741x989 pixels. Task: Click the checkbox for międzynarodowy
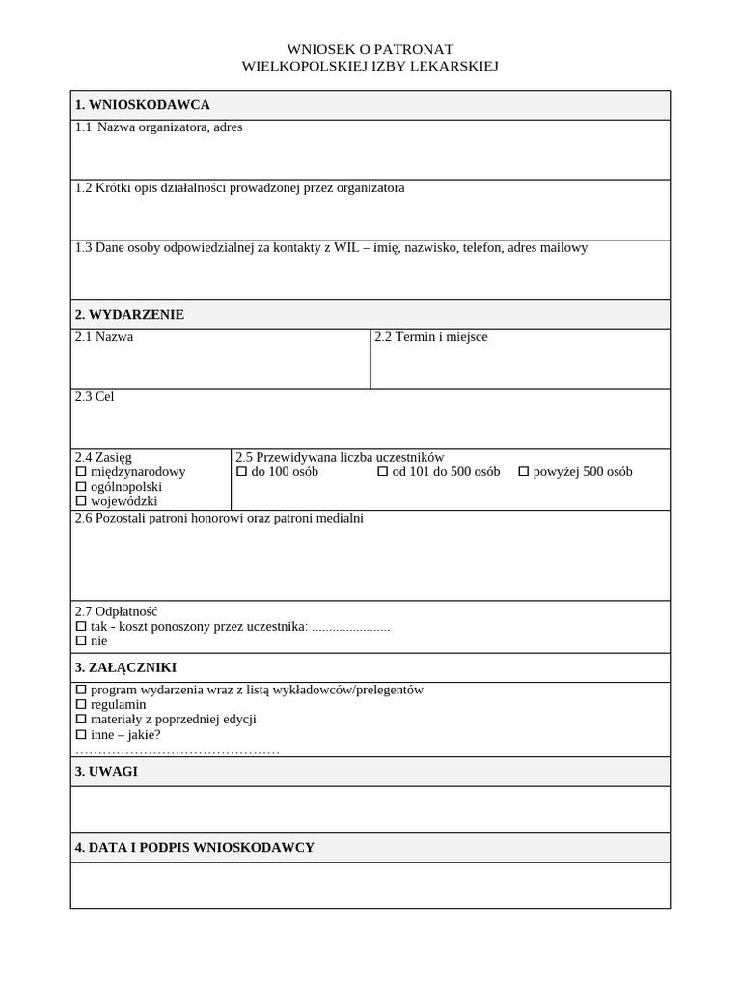coord(81,472)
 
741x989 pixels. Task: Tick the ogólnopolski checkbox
coord(81,487)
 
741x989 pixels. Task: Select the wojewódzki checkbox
coord(81,501)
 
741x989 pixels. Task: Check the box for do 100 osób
coord(242,472)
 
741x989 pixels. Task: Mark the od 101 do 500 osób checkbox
coord(382,472)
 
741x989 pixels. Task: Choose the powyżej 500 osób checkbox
coord(524,472)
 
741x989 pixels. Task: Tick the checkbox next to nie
coord(81,641)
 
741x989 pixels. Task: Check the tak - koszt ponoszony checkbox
coord(81,627)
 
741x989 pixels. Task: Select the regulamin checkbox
coord(81,705)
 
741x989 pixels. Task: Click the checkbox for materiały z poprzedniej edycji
coord(81,720)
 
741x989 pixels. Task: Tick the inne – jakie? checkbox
coord(81,734)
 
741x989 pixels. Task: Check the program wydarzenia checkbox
coord(81,691)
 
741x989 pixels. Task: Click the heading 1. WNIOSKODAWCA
coord(142,105)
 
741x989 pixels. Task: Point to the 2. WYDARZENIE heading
coord(129,315)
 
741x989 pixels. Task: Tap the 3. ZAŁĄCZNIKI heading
coord(125,667)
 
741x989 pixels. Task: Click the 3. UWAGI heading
coord(106,772)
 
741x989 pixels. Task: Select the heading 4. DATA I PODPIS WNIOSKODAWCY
coord(194,848)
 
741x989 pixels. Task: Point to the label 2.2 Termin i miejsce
coord(430,337)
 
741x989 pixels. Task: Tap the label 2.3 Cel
coord(95,397)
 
